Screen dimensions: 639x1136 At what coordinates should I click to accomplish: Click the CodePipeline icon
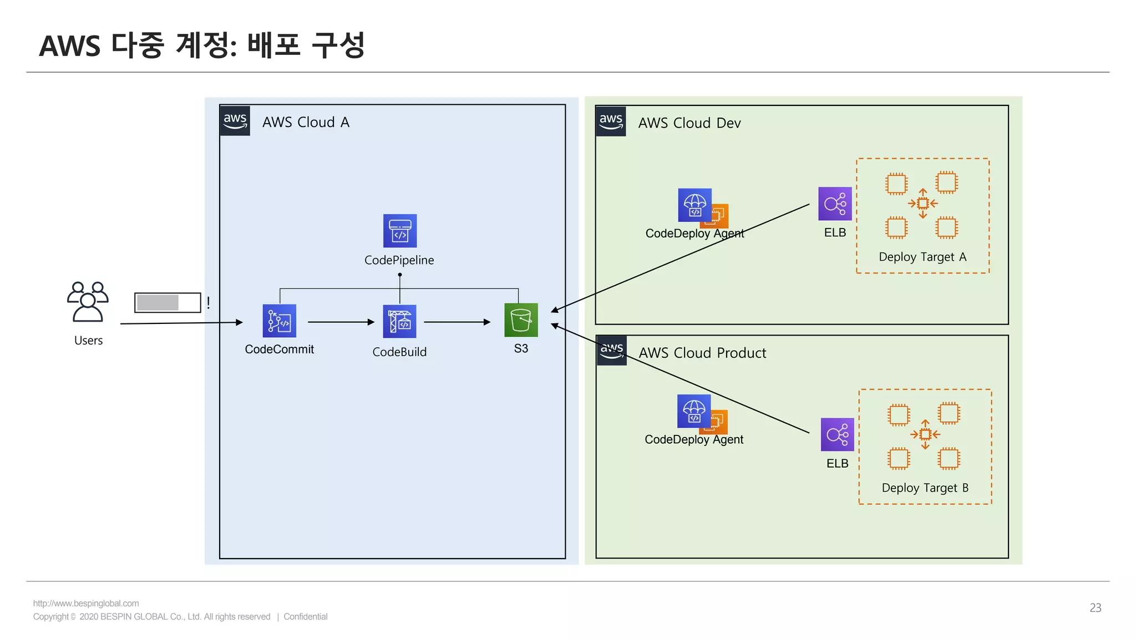tap(399, 231)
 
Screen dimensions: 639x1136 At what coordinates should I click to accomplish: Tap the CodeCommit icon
tap(279, 321)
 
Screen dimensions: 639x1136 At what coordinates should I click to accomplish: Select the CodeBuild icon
tap(399, 321)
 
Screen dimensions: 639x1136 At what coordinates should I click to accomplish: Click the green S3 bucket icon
tap(521, 320)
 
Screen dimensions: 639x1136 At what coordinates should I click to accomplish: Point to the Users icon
tap(88, 302)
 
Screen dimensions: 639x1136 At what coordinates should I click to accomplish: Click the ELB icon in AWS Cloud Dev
tap(835, 204)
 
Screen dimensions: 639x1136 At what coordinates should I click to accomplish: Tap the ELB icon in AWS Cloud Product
tap(837, 434)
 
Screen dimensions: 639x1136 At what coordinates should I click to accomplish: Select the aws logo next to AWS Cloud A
tap(235, 120)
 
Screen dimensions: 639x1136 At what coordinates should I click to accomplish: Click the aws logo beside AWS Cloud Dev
tap(611, 121)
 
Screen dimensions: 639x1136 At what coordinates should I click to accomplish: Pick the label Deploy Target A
tap(922, 257)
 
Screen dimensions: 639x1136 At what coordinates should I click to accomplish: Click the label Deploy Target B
tap(925, 488)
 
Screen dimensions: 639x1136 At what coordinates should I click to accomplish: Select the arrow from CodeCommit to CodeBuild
tap(341, 322)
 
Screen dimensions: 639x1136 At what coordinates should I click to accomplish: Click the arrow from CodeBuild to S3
tap(457, 322)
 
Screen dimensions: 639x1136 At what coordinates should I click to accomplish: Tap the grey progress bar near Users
tap(158, 302)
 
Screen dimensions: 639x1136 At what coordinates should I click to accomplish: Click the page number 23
tap(1095, 607)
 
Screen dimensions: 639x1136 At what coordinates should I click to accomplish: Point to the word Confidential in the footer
tap(305, 616)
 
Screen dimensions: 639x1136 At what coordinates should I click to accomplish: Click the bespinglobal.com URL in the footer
tap(86, 603)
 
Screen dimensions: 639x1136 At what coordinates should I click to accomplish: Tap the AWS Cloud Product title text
tap(702, 353)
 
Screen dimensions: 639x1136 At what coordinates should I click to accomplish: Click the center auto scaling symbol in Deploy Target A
tap(922, 204)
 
